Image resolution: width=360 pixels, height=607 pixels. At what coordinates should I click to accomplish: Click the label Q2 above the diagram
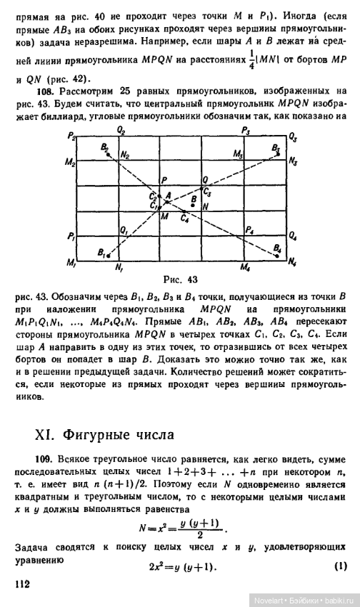tap(122, 131)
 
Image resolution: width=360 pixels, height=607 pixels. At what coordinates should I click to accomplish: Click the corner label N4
tap(293, 264)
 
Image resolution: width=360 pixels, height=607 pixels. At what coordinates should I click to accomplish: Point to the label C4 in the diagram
tap(185, 217)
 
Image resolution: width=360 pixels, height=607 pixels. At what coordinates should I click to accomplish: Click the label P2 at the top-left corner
tap(71, 135)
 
